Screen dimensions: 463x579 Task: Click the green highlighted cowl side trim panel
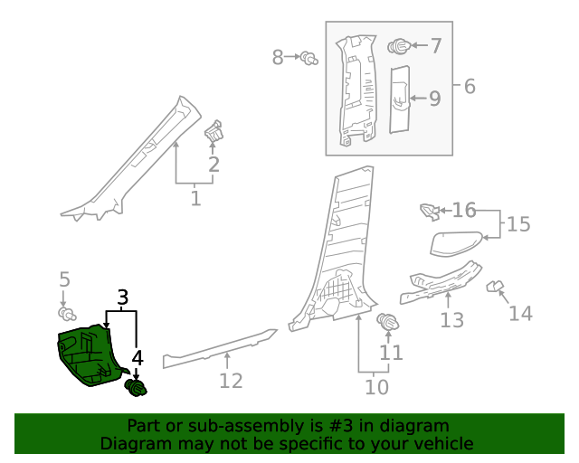click(87, 356)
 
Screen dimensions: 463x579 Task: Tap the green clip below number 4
click(136, 389)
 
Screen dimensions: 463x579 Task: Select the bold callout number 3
click(122, 297)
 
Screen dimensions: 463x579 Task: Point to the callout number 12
click(231, 381)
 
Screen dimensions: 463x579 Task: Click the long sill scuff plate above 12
click(217, 349)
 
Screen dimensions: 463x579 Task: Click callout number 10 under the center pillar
click(376, 387)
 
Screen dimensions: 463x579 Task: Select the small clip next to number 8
click(309, 59)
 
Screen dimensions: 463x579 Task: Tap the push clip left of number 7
click(398, 45)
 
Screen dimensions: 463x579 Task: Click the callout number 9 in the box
click(434, 98)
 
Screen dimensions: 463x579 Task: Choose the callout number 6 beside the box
click(469, 87)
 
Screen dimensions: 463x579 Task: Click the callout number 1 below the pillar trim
click(195, 196)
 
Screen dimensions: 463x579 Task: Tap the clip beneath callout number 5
click(65, 313)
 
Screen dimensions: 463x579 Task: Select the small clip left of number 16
click(428, 212)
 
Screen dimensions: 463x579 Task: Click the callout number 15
click(518, 224)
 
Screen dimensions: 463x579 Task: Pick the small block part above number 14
click(494, 287)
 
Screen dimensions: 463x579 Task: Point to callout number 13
click(451, 319)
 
